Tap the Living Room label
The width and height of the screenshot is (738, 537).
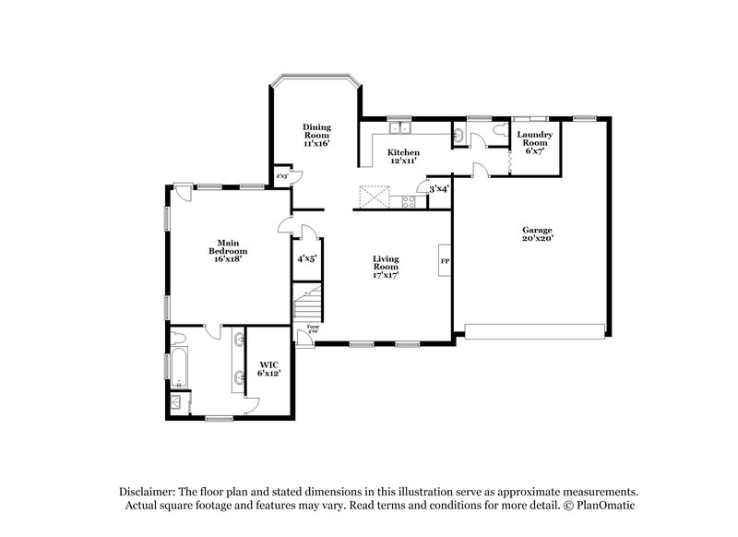(x=385, y=264)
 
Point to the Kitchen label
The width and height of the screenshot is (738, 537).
(x=403, y=152)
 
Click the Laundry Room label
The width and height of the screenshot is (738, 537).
(x=534, y=139)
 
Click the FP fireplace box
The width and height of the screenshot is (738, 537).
(x=444, y=261)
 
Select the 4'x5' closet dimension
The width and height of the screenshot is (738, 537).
(x=306, y=259)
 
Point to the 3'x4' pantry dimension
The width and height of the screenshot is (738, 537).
(x=439, y=189)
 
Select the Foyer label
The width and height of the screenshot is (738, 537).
(x=314, y=326)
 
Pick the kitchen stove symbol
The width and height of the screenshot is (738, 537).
(x=407, y=202)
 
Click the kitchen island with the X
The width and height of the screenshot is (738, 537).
(x=373, y=196)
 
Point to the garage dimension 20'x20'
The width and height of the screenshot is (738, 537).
(x=536, y=238)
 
